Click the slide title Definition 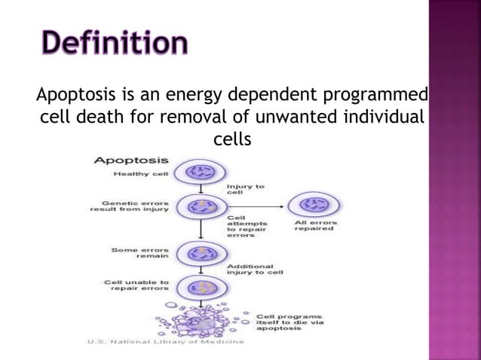coord(114,43)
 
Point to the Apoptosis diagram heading coord(130,160)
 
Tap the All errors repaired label coord(314,225)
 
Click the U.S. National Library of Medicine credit coord(165,343)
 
